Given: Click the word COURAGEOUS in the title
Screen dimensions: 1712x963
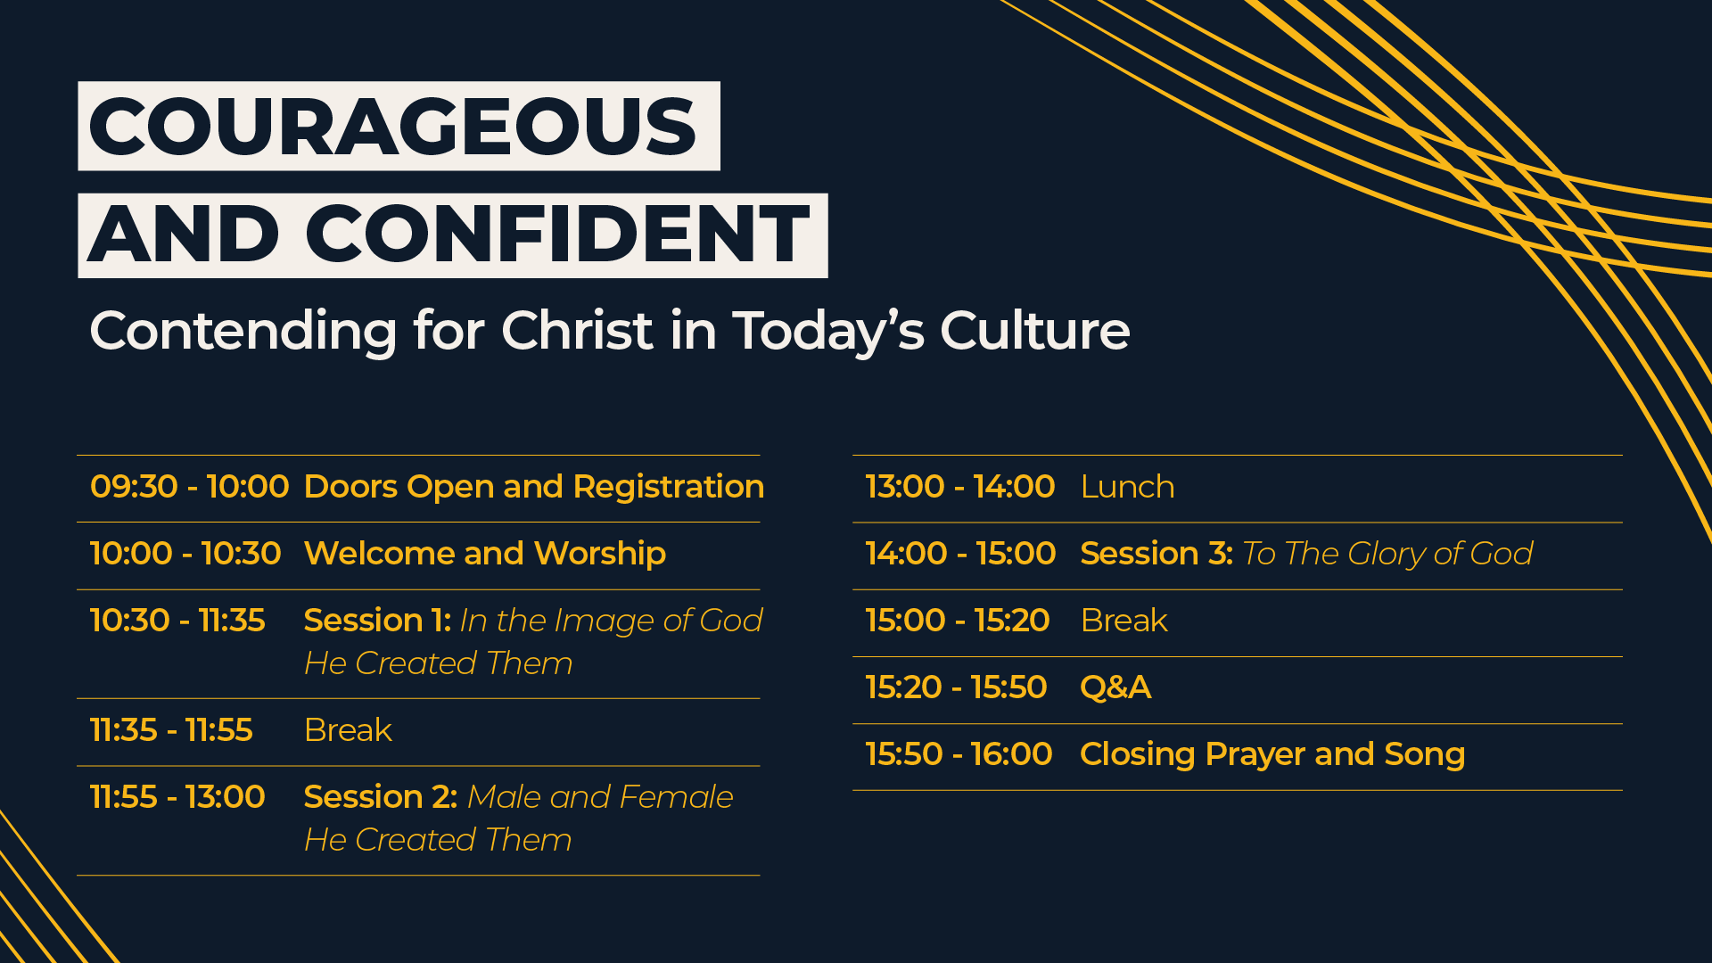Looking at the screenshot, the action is point(392,127).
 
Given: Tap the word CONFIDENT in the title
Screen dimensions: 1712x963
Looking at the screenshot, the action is point(557,235).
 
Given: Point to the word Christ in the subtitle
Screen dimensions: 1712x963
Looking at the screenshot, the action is point(578,331).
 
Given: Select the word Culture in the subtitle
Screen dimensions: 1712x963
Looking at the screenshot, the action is point(1035,331).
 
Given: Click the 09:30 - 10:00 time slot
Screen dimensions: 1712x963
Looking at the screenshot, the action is point(190,487).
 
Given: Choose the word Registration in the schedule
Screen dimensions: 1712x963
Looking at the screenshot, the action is point(669,488).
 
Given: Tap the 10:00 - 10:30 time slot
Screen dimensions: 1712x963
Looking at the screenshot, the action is point(185,554).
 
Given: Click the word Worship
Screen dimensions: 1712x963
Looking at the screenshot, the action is point(600,555).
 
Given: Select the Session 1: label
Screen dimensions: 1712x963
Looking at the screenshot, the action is point(377,621).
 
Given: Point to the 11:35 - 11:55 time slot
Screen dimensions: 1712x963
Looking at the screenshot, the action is point(171,730).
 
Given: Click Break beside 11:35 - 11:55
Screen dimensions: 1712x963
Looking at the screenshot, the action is point(348,730).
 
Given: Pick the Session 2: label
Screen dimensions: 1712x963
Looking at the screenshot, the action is point(381,797).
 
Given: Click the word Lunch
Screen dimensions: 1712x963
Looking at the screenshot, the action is point(1127,487).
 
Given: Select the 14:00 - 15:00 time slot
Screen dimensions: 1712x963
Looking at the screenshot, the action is point(960,554).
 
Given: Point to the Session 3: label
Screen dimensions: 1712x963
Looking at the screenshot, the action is point(1156,554).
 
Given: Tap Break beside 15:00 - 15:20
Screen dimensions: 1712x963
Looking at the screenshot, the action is point(1123,621).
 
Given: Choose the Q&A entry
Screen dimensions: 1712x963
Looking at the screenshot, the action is point(1115,688).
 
